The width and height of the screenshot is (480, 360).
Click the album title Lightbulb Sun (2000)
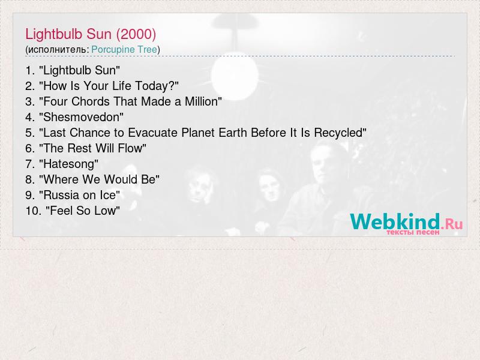(x=91, y=34)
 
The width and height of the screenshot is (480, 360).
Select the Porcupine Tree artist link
(x=124, y=50)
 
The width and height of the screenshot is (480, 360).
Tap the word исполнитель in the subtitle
(x=57, y=50)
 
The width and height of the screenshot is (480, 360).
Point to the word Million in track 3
(x=202, y=101)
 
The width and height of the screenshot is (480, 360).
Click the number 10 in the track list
(x=34, y=211)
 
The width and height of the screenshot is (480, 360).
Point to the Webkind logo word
(x=395, y=221)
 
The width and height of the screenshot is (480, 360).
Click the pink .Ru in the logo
(x=452, y=224)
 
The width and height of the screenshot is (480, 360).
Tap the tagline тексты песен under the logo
(x=413, y=232)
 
